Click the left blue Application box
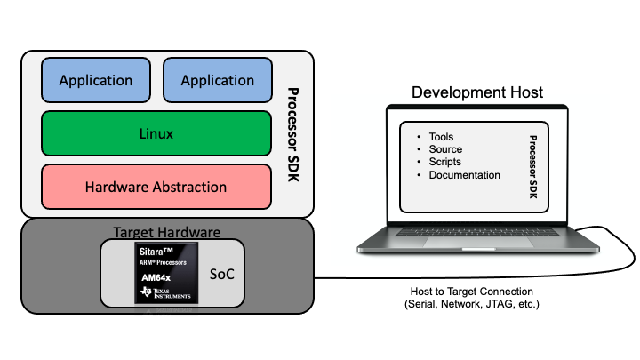[96, 81]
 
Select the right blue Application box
[218, 81]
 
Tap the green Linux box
[156, 134]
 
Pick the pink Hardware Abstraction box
[156, 187]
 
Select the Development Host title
[476, 93]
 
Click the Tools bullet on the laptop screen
[441, 137]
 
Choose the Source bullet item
[445, 149]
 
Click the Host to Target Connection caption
[471, 292]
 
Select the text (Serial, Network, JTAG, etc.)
[471, 305]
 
